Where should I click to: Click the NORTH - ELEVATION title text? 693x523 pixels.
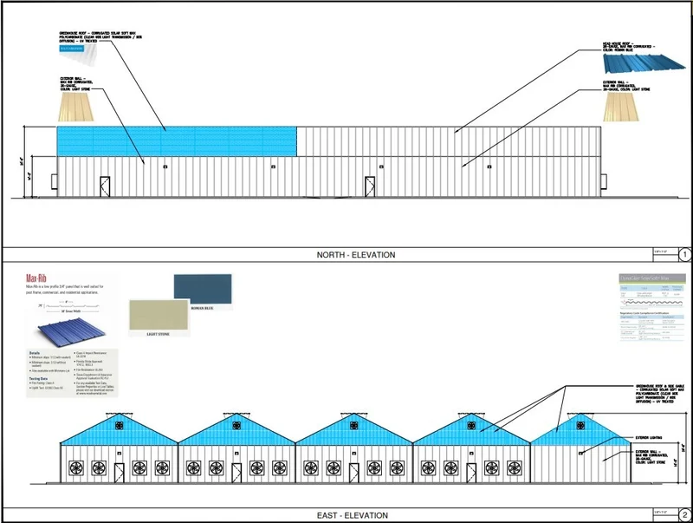[x=356, y=255]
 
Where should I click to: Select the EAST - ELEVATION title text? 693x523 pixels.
[x=352, y=516]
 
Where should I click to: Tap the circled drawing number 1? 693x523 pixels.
[x=684, y=255]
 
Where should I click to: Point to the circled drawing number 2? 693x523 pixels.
[x=684, y=515]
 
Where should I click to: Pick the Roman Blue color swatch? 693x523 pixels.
[x=203, y=289]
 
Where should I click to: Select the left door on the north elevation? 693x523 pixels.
[x=105, y=186]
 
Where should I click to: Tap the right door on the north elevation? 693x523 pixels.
[x=371, y=186]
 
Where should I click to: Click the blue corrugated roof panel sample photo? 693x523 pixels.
[x=630, y=63]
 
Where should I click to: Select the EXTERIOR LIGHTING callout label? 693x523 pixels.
[x=651, y=439]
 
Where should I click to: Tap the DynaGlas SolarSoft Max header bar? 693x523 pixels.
[x=651, y=279]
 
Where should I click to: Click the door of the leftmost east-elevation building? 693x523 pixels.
[x=120, y=474]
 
